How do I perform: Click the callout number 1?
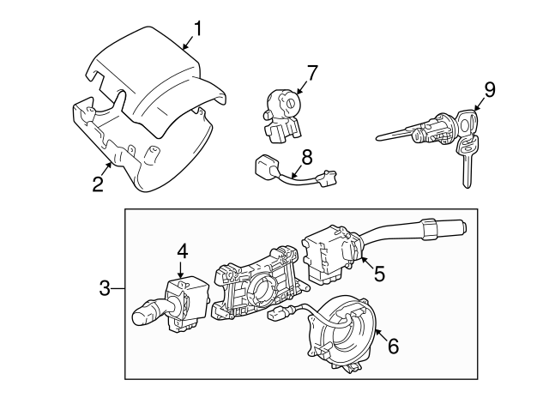click(x=197, y=29)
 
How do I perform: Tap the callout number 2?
click(x=98, y=182)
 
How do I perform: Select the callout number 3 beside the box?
click(x=106, y=288)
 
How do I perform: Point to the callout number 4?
click(x=182, y=251)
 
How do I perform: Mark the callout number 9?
click(x=490, y=89)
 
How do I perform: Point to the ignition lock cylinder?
click(x=429, y=130)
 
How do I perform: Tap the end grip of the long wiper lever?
click(x=446, y=229)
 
